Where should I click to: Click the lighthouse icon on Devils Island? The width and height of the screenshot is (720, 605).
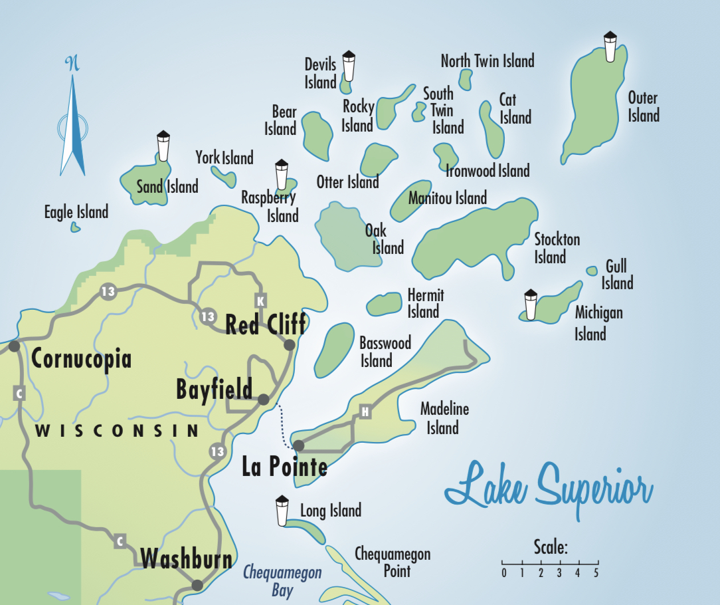click(x=349, y=66)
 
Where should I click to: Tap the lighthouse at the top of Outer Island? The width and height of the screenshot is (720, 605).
click(x=610, y=47)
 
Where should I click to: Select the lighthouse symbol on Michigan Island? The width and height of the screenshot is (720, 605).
click(x=530, y=305)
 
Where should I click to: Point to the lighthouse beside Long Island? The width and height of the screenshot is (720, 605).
click(x=282, y=511)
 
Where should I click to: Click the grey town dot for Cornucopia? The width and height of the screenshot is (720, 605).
click(x=14, y=346)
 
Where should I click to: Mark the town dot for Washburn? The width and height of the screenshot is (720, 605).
click(x=197, y=585)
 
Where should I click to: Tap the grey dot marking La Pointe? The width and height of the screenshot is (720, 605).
click(x=299, y=445)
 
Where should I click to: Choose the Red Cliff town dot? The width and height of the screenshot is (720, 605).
click(x=289, y=345)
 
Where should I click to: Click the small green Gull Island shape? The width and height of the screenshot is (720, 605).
click(x=592, y=271)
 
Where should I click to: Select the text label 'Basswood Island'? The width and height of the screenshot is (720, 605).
click(x=385, y=352)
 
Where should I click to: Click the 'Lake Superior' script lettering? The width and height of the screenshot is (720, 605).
click(x=548, y=489)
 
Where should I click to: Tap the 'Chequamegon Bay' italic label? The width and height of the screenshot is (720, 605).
click(x=282, y=580)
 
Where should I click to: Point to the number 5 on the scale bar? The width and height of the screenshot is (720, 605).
click(x=596, y=572)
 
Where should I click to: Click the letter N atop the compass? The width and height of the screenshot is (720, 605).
click(x=72, y=64)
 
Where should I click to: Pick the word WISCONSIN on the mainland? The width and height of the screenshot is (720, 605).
click(x=117, y=431)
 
